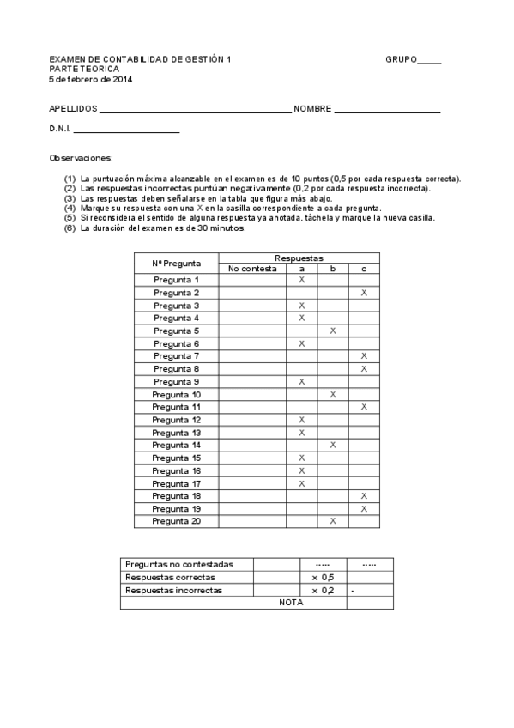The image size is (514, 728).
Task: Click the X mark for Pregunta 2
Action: tap(364, 293)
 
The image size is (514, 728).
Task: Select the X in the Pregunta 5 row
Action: tap(333, 331)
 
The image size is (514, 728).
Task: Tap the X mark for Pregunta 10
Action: tap(333, 394)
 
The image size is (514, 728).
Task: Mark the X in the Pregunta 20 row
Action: tap(333, 521)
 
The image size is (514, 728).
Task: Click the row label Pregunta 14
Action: tap(177, 445)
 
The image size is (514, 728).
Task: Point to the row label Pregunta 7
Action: tap(177, 356)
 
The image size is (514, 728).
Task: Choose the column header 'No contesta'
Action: tap(252, 269)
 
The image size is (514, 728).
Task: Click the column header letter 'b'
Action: tap(333, 269)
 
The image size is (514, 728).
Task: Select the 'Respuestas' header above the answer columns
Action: tap(299, 258)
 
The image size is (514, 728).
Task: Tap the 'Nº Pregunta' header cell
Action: tap(177, 263)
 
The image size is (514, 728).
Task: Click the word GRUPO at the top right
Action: tap(401, 60)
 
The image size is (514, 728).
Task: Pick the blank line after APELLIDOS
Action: tap(196, 112)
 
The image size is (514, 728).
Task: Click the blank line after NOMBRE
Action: tap(387, 112)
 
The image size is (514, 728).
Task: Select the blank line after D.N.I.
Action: tap(126, 132)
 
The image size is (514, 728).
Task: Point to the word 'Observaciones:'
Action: tap(81, 158)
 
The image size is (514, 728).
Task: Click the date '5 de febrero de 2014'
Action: tap(91, 80)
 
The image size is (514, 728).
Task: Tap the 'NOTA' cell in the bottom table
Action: tap(292, 603)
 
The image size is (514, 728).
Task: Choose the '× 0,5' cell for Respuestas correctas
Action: tap(323, 578)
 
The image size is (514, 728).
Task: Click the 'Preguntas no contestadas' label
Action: tap(178, 565)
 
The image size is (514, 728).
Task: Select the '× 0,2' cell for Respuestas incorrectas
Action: tap(323, 591)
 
